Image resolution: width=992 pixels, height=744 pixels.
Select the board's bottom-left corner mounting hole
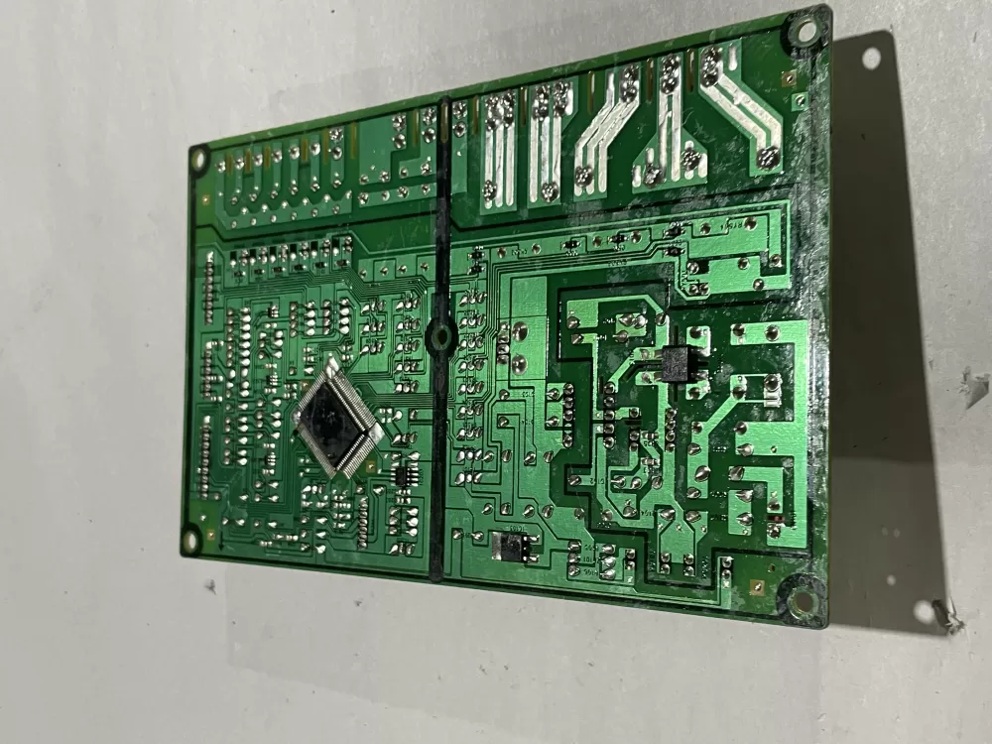click(189, 541)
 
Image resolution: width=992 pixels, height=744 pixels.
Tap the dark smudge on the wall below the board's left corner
click(210, 586)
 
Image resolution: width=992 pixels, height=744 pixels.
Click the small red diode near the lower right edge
click(781, 519)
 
